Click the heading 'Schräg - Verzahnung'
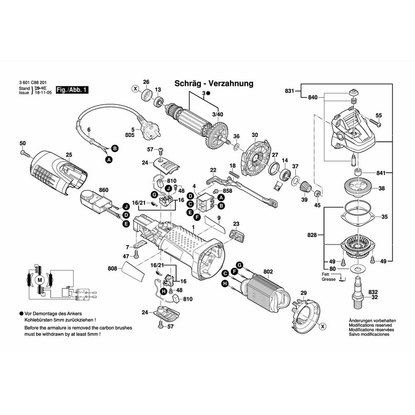coord(214,83)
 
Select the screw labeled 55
coord(377,123)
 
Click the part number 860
coord(104,190)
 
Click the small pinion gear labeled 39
coord(306,187)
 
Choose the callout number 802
coord(268,272)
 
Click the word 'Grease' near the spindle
coord(328,279)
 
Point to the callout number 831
coord(289,91)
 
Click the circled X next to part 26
coord(135,88)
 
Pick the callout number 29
coord(303,293)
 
